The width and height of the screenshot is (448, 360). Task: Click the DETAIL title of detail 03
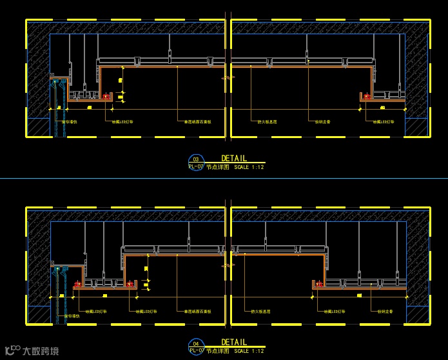233,158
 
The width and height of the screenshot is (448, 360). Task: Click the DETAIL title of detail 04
233,342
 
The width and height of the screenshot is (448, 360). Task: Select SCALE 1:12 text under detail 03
249,167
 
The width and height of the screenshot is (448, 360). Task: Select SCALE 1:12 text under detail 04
249,351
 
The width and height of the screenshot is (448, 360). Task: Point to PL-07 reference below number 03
196,166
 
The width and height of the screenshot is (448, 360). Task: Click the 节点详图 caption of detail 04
218,351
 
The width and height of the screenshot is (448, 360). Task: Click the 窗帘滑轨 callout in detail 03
69,121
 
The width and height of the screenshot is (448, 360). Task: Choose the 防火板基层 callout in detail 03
268,121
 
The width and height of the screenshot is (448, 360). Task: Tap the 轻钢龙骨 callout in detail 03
322,121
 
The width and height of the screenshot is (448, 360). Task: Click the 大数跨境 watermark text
41,352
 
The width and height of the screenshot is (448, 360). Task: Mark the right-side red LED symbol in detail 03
367,97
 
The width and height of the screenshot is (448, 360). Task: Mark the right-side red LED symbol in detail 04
318,284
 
